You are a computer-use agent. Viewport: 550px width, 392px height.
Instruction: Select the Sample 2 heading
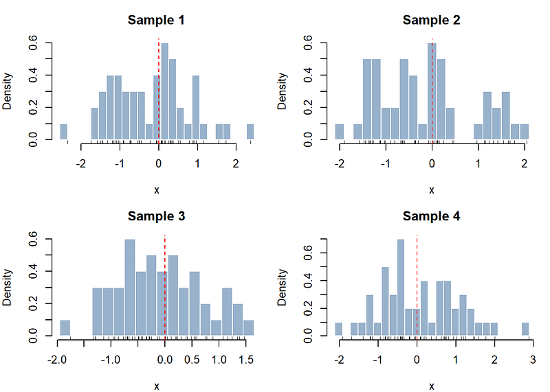(431, 20)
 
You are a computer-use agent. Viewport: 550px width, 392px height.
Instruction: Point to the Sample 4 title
(431, 216)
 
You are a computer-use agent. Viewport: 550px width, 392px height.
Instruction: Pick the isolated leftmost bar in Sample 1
(63, 132)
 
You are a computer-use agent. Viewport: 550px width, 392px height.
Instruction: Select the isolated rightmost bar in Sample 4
(525, 329)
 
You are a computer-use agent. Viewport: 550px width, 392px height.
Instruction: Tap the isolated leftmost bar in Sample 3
(65, 328)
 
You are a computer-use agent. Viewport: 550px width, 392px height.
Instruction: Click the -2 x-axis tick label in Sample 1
(81, 164)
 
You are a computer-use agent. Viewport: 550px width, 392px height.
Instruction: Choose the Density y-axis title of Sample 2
(282, 91)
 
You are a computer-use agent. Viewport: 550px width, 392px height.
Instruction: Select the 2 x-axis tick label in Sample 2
(525, 164)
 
